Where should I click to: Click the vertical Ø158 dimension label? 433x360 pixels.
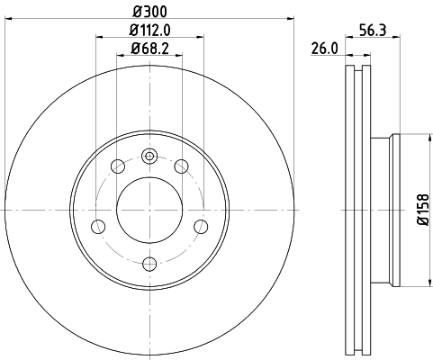coord(422,211)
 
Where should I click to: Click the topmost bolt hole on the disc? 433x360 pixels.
coord(150,156)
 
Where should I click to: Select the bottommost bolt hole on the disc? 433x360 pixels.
coord(150,264)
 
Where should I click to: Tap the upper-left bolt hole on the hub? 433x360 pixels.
coord(118,166)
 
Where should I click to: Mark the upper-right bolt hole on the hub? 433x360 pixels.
coord(183,166)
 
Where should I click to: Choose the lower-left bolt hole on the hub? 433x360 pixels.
coord(99,225)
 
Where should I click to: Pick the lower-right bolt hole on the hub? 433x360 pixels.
coord(202,225)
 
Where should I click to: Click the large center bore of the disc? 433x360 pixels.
coord(150,210)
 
